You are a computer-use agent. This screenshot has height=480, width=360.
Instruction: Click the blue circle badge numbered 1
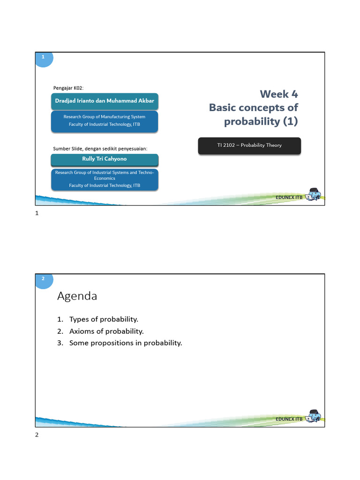[43, 57]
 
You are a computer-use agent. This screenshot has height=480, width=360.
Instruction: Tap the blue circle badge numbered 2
[43, 279]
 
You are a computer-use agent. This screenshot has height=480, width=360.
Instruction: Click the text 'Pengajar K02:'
[68, 88]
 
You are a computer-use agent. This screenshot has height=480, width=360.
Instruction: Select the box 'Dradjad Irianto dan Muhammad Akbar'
[105, 101]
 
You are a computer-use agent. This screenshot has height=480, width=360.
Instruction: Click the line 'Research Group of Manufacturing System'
[105, 117]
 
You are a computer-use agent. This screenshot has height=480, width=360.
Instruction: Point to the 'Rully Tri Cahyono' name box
[105, 159]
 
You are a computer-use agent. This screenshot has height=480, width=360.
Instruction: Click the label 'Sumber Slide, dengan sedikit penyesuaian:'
[100, 149]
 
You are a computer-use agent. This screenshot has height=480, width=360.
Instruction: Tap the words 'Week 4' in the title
[279, 94]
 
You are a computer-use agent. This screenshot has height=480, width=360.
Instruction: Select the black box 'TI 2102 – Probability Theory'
[249, 145]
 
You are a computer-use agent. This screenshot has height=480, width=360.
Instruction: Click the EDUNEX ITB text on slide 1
[289, 198]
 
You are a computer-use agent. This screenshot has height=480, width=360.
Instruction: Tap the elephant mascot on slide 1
[313, 195]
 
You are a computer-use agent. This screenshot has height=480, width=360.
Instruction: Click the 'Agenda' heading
[77, 296]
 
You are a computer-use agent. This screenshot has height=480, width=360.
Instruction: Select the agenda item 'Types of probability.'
[104, 319]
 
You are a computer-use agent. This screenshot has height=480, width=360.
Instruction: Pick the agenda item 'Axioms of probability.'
[106, 331]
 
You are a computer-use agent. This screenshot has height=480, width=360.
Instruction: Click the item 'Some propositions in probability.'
[125, 343]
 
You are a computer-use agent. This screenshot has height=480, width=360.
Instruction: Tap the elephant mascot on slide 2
[313, 417]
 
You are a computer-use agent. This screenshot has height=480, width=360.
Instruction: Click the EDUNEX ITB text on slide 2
[289, 419]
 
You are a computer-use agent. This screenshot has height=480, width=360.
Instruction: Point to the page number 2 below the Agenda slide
[37, 435]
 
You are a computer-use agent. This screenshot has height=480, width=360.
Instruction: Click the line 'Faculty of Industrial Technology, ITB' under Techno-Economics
[105, 186]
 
